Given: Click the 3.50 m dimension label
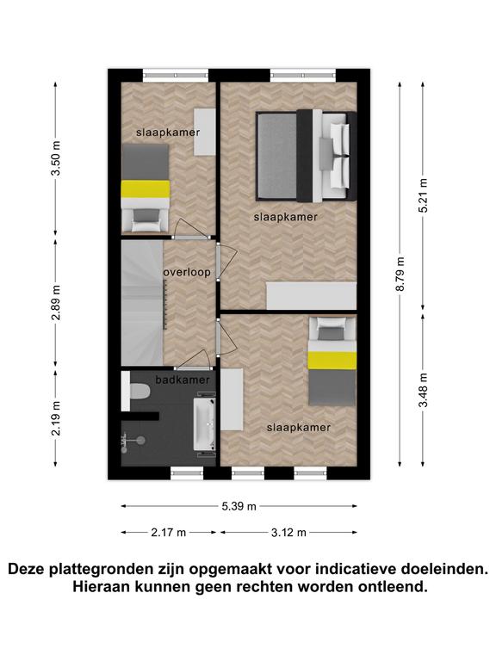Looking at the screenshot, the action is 56,158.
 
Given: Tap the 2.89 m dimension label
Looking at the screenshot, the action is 56,302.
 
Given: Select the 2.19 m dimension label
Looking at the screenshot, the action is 56,418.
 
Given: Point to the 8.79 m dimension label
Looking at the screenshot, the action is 400,274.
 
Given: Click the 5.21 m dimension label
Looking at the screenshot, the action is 423,195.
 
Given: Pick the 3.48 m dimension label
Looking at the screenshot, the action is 423,390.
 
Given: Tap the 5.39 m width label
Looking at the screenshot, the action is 239,506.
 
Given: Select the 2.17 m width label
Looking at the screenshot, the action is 169,533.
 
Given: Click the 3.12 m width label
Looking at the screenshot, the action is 289,533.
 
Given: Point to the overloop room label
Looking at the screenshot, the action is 187,272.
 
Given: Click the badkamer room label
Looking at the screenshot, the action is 183,380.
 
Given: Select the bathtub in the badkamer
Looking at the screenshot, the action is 205,423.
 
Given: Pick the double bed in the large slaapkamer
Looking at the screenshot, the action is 307,156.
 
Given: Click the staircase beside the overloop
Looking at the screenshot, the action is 142,303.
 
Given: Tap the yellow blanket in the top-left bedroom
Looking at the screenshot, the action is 146,188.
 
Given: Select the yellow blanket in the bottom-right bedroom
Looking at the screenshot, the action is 332,361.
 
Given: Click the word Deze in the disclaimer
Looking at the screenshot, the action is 26,569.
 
